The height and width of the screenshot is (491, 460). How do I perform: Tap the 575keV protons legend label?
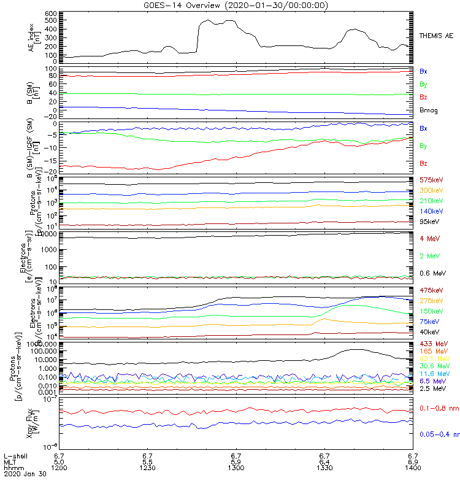click(431, 180)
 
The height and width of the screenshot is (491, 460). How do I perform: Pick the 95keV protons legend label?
click(429, 222)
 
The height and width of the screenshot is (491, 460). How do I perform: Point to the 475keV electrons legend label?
click(431, 290)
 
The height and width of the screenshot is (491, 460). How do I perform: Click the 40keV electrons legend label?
click(429, 332)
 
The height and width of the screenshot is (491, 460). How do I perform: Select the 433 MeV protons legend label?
click(432, 342)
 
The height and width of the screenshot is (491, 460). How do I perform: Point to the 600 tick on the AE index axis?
click(51, 14)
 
